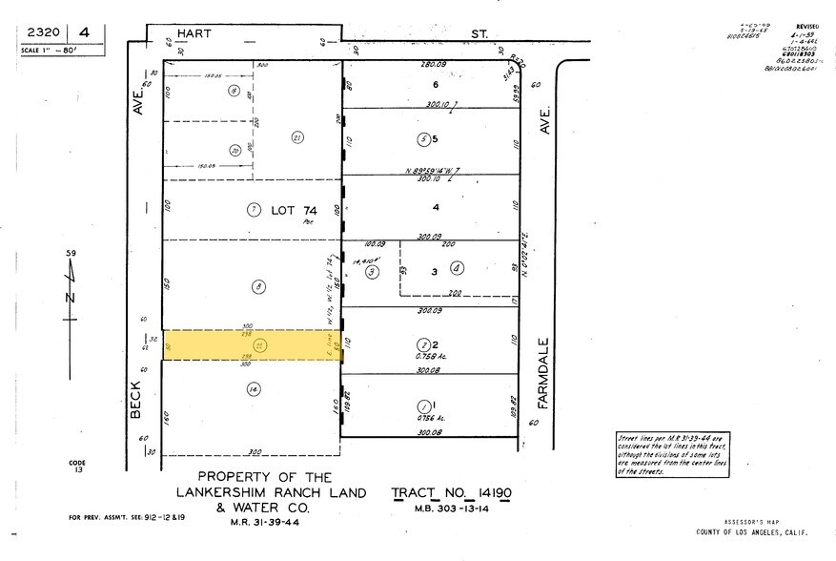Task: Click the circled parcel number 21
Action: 297,137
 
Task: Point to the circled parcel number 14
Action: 252,388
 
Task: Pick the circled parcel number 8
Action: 256,285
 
